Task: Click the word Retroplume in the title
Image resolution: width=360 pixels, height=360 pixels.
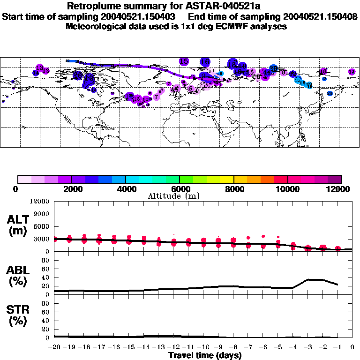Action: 92,6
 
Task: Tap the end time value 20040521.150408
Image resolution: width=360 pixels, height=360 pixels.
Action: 318,16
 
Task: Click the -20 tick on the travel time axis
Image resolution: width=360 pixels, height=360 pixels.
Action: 55,347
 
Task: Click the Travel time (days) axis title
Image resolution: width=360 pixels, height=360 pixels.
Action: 205,355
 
